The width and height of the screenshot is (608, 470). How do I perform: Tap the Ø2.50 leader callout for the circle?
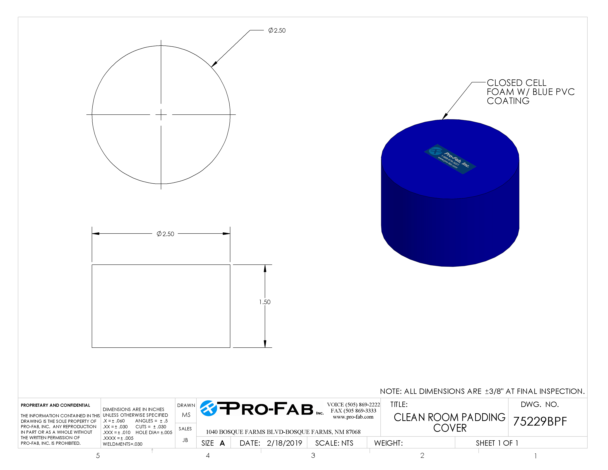coord(277,30)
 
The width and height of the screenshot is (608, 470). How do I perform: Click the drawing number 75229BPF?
coord(540,422)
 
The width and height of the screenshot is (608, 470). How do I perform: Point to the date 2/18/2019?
coord(284,443)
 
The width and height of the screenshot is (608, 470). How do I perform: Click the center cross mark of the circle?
coord(161,114)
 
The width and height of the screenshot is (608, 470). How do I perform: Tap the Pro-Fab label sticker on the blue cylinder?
coord(450,159)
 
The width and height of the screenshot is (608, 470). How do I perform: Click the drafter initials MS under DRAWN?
coord(186,415)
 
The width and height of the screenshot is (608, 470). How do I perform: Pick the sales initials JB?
coord(185,440)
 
